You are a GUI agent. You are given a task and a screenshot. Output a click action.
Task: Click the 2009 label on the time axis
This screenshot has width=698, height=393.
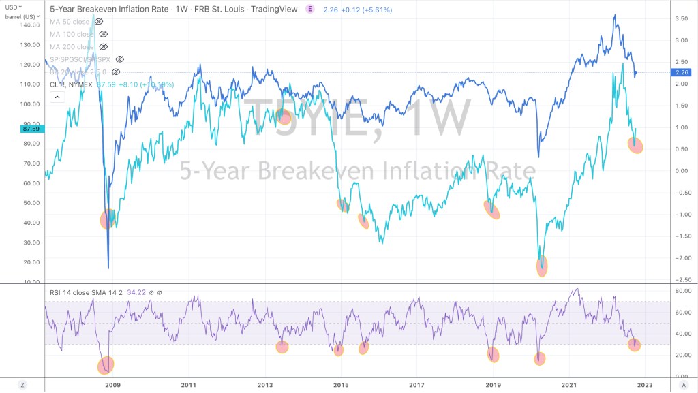tap(112, 385)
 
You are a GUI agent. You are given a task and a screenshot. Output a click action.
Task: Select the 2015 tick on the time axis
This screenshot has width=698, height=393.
tap(341, 385)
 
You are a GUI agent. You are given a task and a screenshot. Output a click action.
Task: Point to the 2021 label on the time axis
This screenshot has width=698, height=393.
tap(570, 385)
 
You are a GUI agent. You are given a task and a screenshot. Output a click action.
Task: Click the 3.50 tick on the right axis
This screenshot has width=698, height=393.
tap(682, 18)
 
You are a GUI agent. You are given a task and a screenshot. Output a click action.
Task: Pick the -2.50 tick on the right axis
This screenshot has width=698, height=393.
tap(681, 279)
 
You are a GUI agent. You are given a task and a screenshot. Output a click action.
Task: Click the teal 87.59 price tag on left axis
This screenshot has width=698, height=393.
tap(31, 128)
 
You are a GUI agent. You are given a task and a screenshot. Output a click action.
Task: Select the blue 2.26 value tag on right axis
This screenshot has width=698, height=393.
tap(682, 73)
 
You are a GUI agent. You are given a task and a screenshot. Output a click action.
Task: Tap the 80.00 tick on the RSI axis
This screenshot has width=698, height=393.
tap(682, 291)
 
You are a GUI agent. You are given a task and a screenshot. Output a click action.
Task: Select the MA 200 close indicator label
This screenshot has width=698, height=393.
tap(72, 46)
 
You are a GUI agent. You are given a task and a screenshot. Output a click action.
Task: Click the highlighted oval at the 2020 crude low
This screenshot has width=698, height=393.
tap(542, 266)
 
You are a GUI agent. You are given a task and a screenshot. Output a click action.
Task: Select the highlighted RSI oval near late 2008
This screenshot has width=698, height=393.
tap(106, 366)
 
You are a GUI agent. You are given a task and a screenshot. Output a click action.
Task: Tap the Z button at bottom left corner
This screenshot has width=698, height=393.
tap(22, 385)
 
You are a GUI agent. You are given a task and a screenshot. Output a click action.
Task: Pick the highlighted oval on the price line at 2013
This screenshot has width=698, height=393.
tap(284, 116)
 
